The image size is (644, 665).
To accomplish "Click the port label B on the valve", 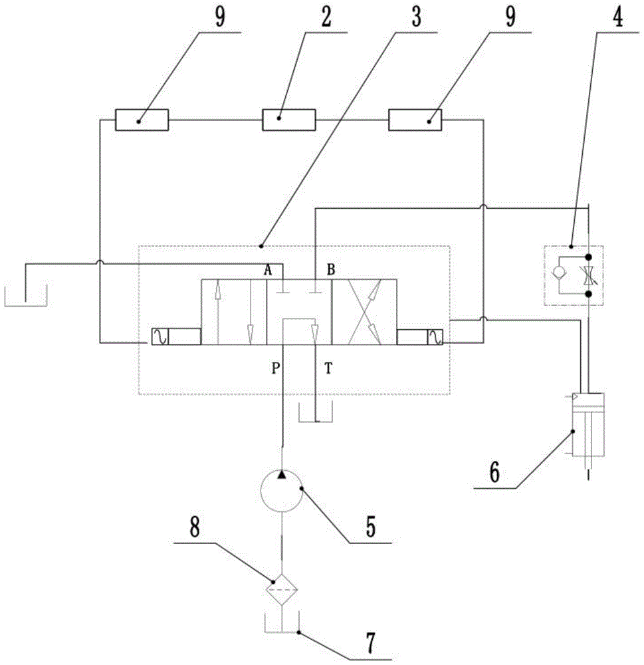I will [x=330, y=269].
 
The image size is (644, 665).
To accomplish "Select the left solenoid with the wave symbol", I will [x=160, y=336].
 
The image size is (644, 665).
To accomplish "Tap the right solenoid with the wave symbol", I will [x=439, y=336].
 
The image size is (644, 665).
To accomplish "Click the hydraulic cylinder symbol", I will [x=588, y=426].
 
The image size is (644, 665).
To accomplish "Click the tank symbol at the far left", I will [x=26, y=297].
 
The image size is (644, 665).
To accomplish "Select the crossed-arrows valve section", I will [x=364, y=312].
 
